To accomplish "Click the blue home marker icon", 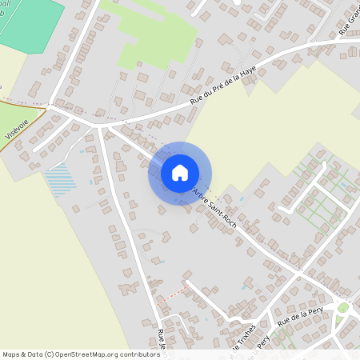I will (x=180, y=173).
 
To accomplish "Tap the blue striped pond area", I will (x=61, y=180).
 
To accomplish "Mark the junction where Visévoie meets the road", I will (x=50, y=105).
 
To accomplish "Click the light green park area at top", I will (x=156, y=36).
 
